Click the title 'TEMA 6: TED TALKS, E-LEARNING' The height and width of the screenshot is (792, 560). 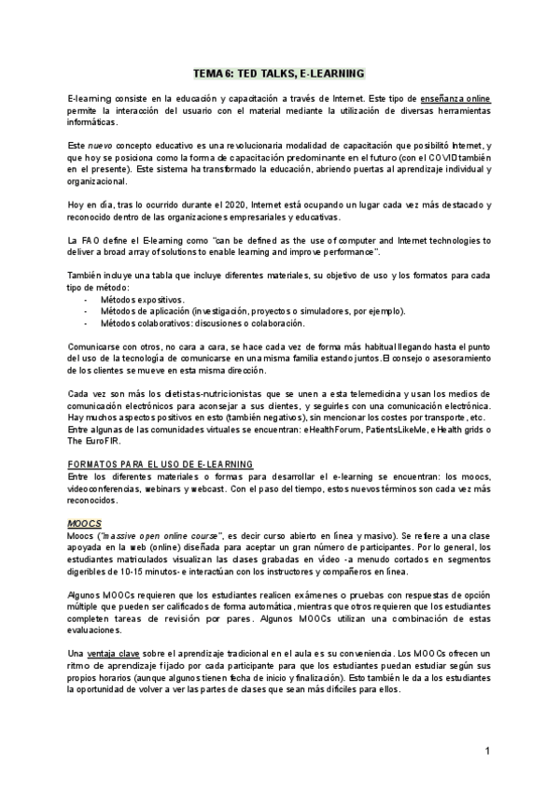point(278,72)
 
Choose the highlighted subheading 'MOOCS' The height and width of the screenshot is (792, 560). point(84,523)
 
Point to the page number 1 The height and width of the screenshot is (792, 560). point(488,751)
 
